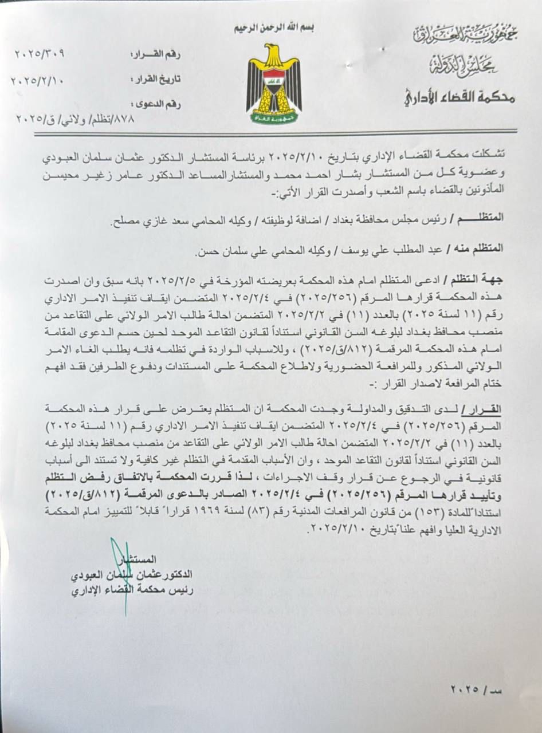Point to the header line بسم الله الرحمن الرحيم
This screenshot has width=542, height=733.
click(273, 27)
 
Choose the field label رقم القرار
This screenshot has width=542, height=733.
click(156, 55)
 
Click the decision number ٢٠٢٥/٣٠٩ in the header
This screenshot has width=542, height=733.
click(40, 54)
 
